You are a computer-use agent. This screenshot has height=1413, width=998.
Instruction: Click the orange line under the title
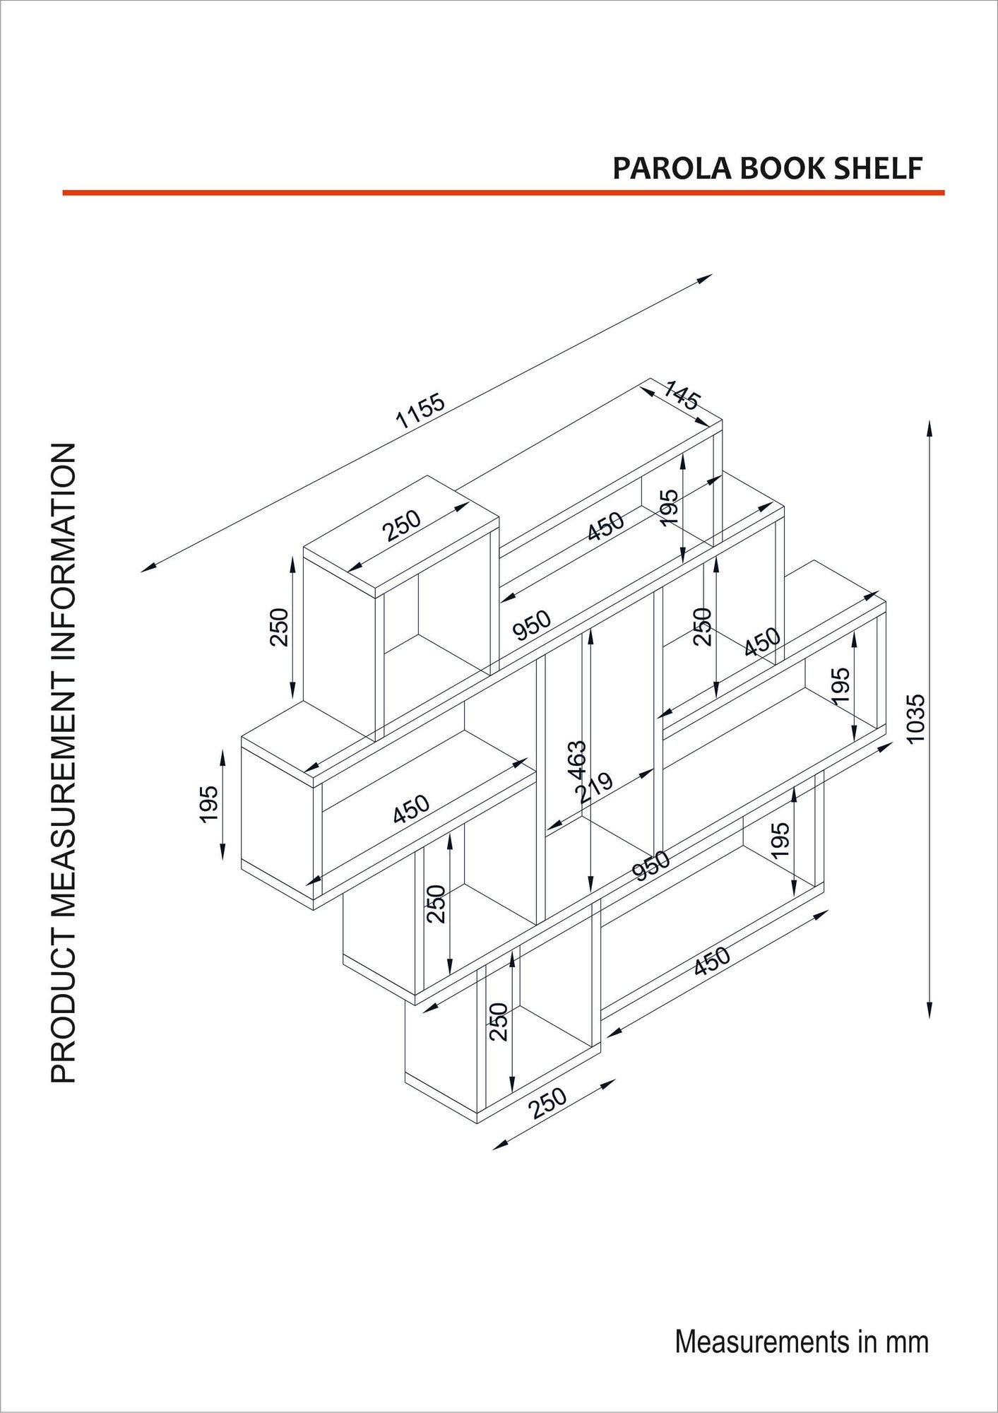click(503, 192)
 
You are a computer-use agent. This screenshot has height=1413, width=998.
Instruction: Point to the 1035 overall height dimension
click(915, 718)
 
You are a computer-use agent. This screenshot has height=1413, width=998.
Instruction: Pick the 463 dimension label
click(576, 759)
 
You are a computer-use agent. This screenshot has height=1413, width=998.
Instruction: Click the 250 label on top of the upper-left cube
click(401, 525)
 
